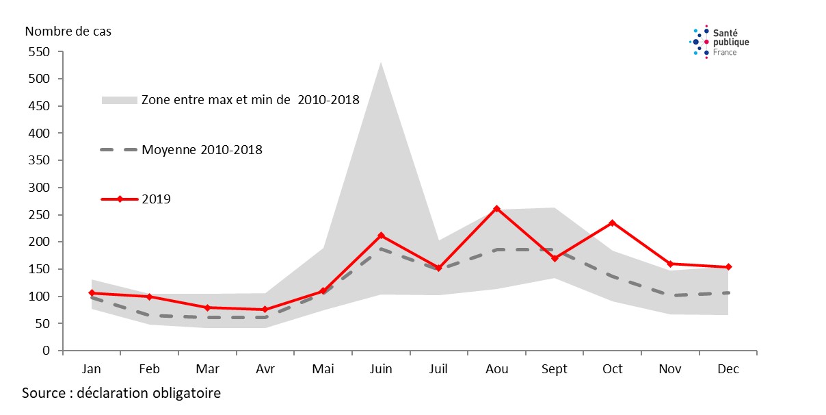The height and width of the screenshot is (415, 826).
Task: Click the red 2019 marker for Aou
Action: pos(497,209)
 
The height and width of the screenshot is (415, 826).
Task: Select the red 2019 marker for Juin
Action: pos(381,236)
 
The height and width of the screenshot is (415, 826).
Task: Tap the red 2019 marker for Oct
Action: pos(613,223)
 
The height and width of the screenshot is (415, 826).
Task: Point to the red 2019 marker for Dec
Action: pos(728,267)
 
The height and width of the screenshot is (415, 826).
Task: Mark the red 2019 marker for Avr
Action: pos(265,310)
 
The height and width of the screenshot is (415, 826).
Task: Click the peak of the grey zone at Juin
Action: pos(381,63)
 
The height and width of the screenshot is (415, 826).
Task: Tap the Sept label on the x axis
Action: pos(555,369)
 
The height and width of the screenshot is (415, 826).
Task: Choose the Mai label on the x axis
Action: pos(323,369)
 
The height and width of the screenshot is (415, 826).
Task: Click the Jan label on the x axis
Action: pos(92,369)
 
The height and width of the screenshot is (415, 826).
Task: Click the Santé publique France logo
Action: pos(719,42)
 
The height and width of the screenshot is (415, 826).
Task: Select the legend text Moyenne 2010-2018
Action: pos(202,149)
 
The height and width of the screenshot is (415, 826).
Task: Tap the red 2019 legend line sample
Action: pos(120,199)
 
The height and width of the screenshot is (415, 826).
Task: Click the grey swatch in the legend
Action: pos(120,100)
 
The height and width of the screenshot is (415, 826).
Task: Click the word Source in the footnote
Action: pos(43,394)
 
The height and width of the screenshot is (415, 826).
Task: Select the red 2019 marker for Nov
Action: pos(670,264)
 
